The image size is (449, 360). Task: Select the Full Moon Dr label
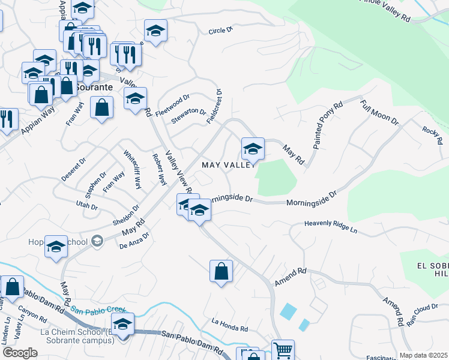click(379, 112)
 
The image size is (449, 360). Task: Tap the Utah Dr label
click(86, 206)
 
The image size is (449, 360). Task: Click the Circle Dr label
click(220, 31)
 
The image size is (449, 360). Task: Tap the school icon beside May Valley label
click(253, 149)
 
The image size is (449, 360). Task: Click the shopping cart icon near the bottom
click(283, 349)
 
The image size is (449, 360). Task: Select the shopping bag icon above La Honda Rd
click(221, 271)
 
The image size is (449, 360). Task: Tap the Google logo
click(20, 352)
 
